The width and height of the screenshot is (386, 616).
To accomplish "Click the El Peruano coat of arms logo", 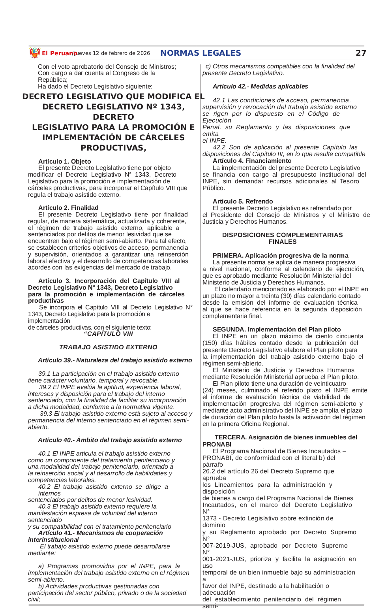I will [x=35, y=53].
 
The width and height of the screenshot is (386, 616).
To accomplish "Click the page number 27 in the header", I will [x=361, y=53].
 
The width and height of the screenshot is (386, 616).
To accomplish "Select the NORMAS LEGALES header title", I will [x=200, y=53].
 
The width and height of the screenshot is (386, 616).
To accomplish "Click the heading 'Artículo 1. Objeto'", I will [x=65, y=161].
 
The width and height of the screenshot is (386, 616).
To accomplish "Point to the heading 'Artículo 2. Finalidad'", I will [x=68, y=207].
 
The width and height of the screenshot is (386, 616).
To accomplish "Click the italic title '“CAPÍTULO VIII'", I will [x=108, y=333].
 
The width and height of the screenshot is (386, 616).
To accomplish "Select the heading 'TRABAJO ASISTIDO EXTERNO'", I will [x=108, y=347].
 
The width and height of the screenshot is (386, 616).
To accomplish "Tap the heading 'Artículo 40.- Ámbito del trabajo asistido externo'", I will [x=110, y=440].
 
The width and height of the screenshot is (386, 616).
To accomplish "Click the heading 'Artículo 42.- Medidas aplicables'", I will [x=260, y=86].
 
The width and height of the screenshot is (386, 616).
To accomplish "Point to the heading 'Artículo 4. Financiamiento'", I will [x=252, y=160].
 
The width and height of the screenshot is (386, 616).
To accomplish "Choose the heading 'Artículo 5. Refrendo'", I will [x=243, y=201].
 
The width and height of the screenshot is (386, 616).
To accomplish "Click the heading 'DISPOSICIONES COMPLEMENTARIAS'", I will [x=282, y=235].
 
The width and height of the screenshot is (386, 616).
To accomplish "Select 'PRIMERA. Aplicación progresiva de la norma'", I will [x=280, y=255].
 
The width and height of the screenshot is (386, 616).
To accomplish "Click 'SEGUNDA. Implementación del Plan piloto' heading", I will [x=276, y=329].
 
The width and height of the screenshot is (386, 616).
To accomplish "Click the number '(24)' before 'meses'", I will [x=208, y=390].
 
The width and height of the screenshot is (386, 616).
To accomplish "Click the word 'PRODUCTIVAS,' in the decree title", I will [x=113, y=148].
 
